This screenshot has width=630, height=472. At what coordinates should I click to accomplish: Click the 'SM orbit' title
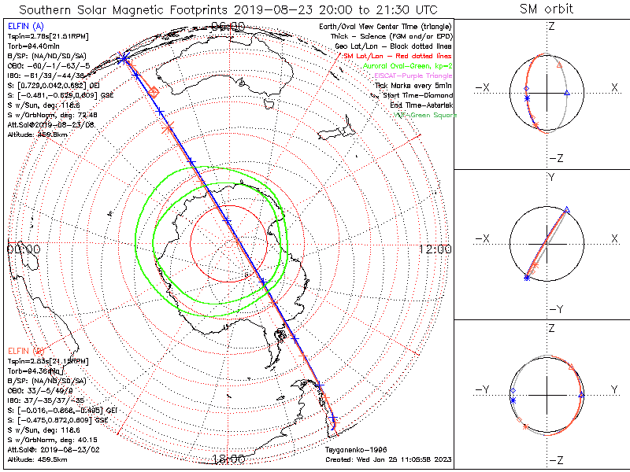click(547, 9)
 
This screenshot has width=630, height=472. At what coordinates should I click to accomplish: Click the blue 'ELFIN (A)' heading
click(23, 28)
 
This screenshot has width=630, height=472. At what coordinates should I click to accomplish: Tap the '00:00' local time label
click(24, 249)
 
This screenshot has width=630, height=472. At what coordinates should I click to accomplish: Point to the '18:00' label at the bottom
click(229, 459)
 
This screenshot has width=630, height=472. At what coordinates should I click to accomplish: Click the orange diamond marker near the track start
click(154, 92)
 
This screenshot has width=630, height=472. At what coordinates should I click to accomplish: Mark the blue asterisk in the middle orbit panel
click(526, 277)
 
